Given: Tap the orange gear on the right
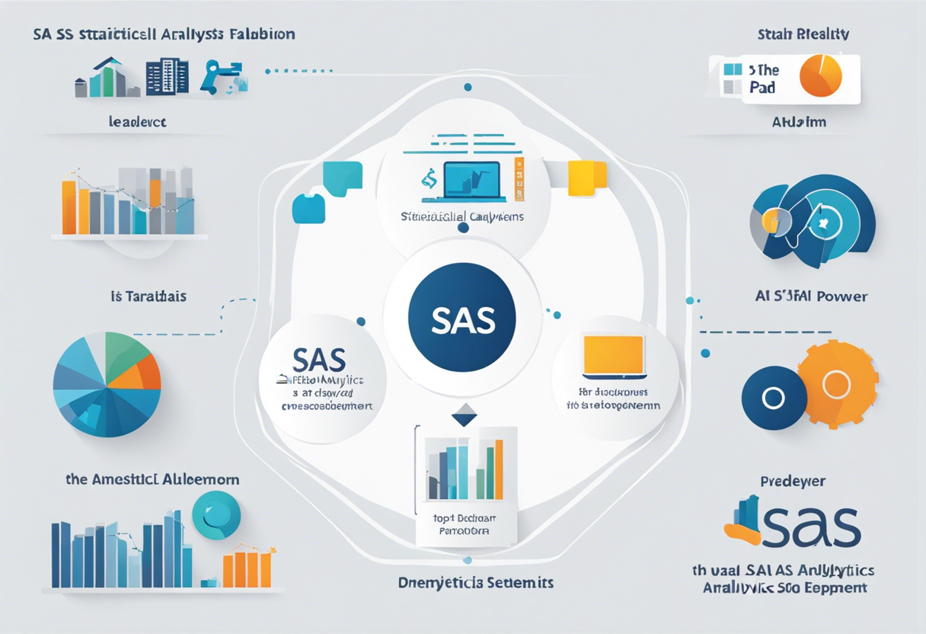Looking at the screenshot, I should tap(837, 384).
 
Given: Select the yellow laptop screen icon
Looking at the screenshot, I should tap(615, 355).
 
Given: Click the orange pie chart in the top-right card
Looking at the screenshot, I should tap(821, 76).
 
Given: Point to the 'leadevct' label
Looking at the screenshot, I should tap(137, 121).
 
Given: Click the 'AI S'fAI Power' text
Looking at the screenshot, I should tap(809, 296).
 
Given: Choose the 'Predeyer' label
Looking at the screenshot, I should tap(793, 482).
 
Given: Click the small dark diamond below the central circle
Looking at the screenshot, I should tap(464, 415).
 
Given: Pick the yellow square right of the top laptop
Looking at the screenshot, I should tap(587, 175).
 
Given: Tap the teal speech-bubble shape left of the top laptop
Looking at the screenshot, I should tap(342, 180).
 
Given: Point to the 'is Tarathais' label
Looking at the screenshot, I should tap(148, 296).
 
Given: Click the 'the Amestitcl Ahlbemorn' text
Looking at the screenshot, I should tap(152, 479).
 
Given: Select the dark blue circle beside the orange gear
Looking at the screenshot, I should tap(774, 398).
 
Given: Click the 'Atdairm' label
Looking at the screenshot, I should tap(799, 122).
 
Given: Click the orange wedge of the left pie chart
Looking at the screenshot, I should tap(147, 370).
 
